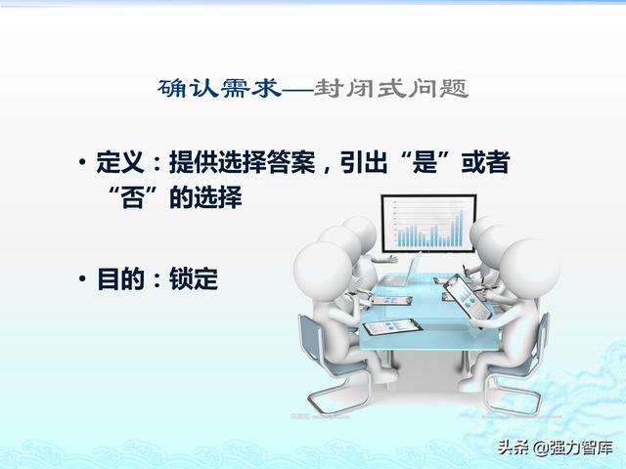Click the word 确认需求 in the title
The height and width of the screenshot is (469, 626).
219,89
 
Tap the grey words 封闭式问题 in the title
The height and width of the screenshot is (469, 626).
391,89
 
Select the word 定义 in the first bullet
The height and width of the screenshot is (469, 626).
120,162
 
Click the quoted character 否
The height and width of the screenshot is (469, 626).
133,197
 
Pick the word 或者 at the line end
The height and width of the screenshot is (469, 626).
485,162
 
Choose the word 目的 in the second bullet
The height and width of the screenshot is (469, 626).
120,278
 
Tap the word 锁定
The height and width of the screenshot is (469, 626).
194,278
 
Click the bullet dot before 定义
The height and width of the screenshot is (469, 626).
82,162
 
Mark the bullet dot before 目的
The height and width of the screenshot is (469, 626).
82,277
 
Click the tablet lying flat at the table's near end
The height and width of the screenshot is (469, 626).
392,327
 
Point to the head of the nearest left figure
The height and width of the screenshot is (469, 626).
323,272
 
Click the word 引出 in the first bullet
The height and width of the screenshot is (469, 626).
364,162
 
